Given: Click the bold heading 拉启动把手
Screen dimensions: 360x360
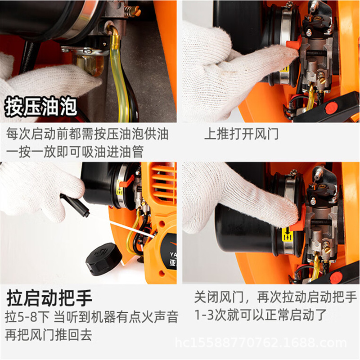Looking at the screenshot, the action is [x=49, y=298].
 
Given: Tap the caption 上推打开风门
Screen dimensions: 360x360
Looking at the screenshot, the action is [x=241, y=134].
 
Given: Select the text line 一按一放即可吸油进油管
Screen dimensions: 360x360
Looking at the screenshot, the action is [x=75, y=152].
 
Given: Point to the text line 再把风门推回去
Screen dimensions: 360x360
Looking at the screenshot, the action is [x=49, y=335].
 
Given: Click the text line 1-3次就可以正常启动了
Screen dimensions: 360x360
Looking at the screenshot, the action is [x=261, y=315].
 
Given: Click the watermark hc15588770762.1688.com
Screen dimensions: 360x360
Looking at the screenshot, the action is [x=261, y=343].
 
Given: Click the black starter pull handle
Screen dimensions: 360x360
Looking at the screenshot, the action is [x=75, y=205].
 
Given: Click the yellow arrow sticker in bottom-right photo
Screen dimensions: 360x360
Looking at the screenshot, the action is [x=286, y=234].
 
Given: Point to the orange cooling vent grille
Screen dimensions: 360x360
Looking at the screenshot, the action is [x=163, y=182].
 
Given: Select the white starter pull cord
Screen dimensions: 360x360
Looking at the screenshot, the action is [x=129, y=228].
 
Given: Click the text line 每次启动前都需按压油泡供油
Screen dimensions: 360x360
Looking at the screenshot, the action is [x=87, y=134].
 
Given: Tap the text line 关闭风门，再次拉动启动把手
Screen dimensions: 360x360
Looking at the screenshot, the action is [x=275, y=297].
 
